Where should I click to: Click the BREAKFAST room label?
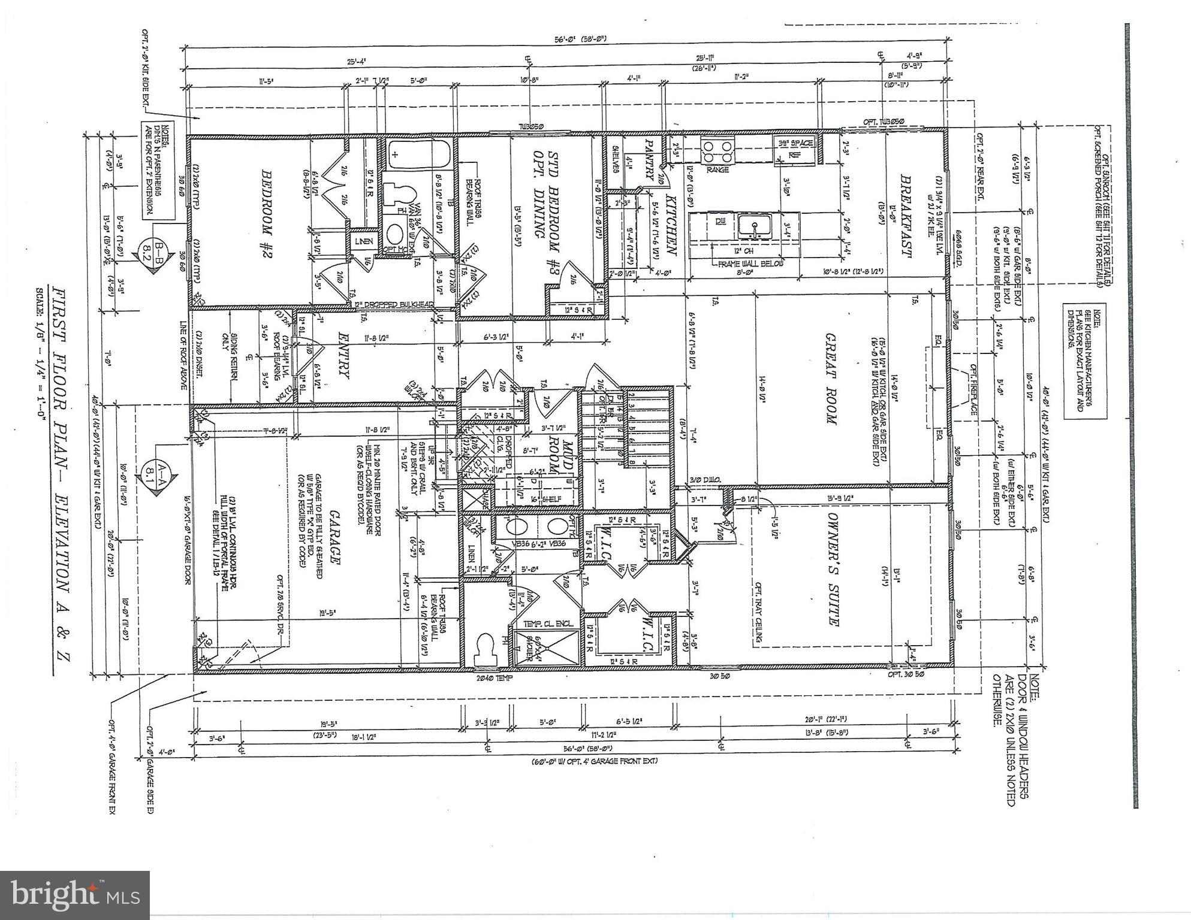click(906, 217)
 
